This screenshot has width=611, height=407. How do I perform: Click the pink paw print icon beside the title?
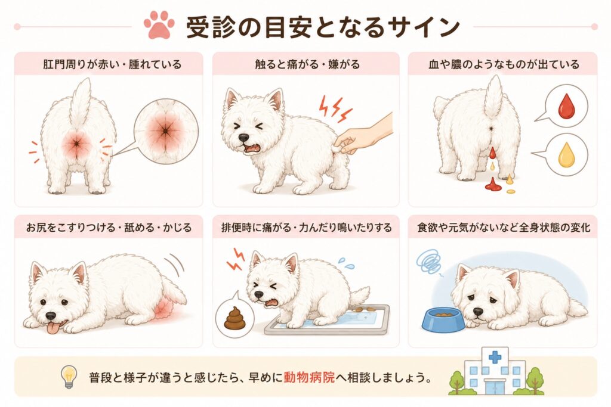[x=159, y=26]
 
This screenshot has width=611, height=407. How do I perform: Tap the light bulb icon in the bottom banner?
[x=69, y=377]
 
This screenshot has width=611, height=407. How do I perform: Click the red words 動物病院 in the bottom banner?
[x=309, y=377]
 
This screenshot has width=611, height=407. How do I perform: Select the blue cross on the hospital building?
[x=495, y=357]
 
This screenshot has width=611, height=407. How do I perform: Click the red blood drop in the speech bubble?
[x=566, y=105]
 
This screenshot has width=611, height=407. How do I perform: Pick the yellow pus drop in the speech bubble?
[x=566, y=154]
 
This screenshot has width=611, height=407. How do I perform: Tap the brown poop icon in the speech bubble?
[x=234, y=318]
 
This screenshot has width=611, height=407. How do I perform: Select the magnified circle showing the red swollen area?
[x=166, y=131]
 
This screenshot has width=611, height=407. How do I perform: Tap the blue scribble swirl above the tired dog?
[x=429, y=262]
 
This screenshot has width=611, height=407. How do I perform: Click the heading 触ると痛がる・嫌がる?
[x=307, y=64]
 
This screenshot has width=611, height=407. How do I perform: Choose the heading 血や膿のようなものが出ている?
[x=504, y=64]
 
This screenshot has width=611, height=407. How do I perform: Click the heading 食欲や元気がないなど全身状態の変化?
[x=504, y=227]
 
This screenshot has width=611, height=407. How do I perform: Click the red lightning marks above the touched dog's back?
[x=335, y=107]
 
